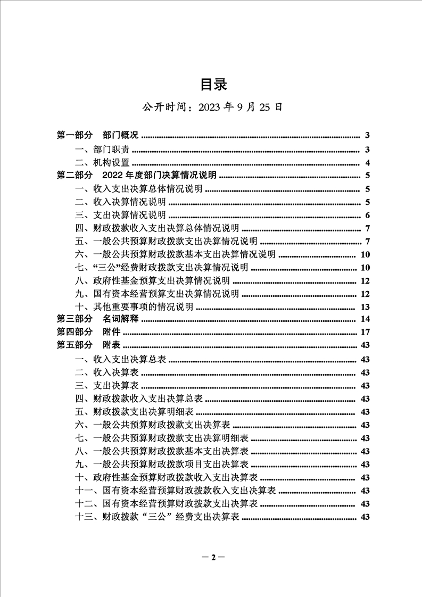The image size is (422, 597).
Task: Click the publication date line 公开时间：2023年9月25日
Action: (211, 107)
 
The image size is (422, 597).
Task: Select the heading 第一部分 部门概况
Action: (97, 136)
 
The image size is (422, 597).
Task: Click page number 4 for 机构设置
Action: (367, 163)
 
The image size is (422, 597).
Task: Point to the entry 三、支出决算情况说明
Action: (120, 215)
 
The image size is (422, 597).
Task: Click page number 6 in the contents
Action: (367, 215)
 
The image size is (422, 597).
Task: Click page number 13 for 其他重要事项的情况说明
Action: (365, 307)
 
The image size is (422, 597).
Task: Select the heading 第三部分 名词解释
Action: (97, 320)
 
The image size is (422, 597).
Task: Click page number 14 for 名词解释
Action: (365, 320)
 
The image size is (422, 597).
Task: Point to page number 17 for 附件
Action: (365, 333)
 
